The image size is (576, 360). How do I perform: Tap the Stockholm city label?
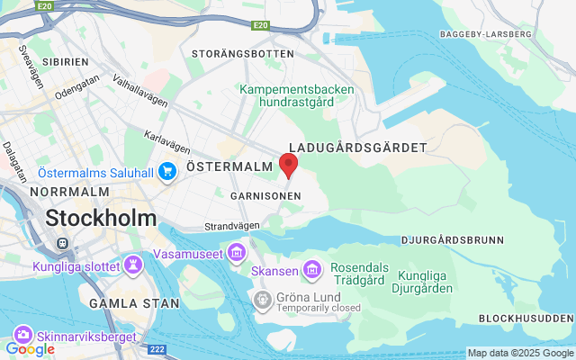[x=101, y=218]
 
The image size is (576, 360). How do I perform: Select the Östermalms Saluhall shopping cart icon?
[x=166, y=171]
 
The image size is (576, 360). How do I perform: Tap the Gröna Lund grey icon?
[x=263, y=298]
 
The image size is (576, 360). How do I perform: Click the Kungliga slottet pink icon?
[x=134, y=265]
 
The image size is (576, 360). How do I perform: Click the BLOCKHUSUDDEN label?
[x=526, y=319]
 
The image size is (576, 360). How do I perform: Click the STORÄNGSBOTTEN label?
[x=243, y=54]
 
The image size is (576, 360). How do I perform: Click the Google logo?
[x=30, y=348]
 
